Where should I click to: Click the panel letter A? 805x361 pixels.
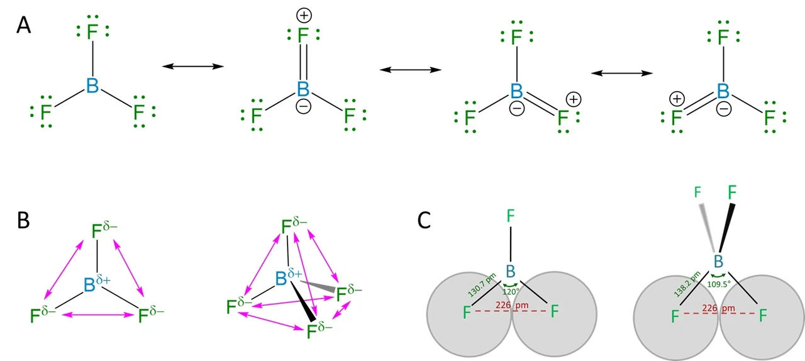(24, 26)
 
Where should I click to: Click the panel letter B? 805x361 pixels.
(23, 220)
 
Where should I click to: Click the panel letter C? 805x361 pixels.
(424, 220)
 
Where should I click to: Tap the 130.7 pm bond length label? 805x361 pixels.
(482, 285)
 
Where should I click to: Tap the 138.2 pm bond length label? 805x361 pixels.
(687, 284)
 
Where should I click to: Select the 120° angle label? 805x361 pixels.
(511, 292)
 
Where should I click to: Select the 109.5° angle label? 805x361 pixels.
(719, 284)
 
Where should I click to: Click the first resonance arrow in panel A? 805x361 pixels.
(193, 66)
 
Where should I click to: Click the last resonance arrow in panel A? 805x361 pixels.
(622, 74)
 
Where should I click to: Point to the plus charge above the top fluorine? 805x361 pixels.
(304, 16)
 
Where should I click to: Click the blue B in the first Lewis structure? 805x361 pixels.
(92, 86)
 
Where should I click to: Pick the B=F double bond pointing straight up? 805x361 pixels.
(304, 61)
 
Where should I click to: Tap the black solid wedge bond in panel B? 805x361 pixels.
(303, 301)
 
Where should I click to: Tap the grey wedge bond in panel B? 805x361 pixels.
(318, 287)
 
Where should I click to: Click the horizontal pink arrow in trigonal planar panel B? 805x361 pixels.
(98, 315)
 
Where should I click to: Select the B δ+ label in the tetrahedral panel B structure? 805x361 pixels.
(289, 277)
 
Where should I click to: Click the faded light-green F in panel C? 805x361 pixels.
(697, 192)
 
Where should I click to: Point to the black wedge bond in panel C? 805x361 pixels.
(726, 228)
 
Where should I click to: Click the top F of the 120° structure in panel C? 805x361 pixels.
(511, 216)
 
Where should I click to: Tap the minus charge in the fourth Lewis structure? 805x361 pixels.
(724, 109)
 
